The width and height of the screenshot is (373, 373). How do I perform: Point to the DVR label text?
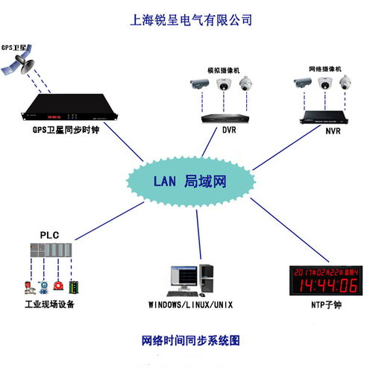click(229, 130)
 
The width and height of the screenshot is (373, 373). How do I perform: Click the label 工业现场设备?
click(49, 304)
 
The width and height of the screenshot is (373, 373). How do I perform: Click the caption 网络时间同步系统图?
click(190, 340)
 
